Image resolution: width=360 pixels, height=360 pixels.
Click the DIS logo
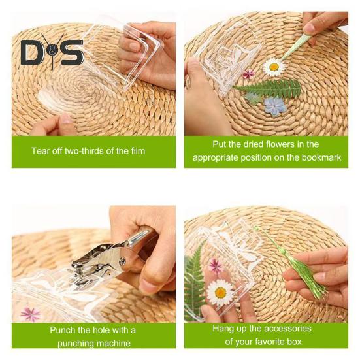(x=52, y=53)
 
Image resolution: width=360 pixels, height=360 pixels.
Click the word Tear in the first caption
(x=41, y=151)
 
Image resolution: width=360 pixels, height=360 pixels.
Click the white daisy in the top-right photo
(x=273, y=66)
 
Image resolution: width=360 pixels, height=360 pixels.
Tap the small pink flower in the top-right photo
(x=248, y=74)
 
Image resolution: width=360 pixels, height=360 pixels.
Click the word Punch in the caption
(x=63, y=330)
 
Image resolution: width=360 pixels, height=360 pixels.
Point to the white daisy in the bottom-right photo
(x=221, y=291)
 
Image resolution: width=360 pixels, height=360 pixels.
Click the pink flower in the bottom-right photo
(x=215, y=265)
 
